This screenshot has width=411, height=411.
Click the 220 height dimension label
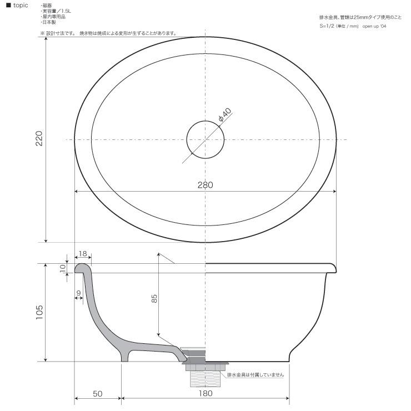[39, 138]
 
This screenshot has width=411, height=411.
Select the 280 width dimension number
[205, 185]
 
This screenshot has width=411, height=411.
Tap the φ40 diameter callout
[225, 114]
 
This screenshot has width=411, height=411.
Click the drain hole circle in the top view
[205, 121]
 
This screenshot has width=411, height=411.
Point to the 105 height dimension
[39, 312]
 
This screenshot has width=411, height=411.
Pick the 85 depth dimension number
[154, 299]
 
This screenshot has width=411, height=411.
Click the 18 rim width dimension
[83, 253]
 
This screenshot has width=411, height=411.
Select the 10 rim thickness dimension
[62, 268]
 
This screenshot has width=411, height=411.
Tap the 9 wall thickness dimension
[79, 293]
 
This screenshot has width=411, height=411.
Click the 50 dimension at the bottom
[98, 393]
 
